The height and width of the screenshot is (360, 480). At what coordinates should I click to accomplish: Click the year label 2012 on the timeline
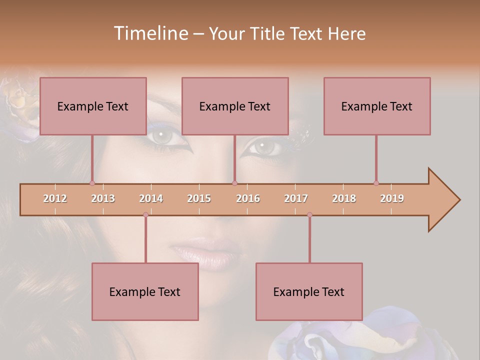click(x=55, y=198)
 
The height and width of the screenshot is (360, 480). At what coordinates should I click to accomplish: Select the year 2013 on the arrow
click(x=103, y=198)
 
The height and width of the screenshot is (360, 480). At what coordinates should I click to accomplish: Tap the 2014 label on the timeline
click(x=151, y=198)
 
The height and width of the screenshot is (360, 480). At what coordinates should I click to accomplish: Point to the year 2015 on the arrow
click(x=199, y=198)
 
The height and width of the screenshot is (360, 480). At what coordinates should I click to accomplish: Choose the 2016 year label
click(x=248, y=198)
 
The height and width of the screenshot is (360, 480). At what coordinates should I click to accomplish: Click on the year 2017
click(x=296, y=198)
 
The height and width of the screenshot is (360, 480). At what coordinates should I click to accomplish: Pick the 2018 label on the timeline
click(x=344, y=198)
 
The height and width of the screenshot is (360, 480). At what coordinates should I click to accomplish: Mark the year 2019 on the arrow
click(x=392, y=198)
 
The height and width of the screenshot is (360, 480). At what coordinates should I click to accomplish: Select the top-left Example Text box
click(x=93, y=106)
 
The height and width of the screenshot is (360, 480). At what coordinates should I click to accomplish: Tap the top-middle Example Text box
click(x=235, y=106)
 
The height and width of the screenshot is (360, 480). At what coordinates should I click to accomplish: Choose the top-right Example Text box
click(x=377, y=106)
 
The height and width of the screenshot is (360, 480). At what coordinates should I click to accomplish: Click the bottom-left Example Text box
click(x=145, y=291)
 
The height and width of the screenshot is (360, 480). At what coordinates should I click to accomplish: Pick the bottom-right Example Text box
click(x=309, y=291)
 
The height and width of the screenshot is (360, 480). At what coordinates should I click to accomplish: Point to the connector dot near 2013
click(x=92, y=183)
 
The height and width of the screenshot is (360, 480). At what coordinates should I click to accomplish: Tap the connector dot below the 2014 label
click(x=145, y=214)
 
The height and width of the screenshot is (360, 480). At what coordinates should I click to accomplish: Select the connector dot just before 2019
click(x=376, y=183)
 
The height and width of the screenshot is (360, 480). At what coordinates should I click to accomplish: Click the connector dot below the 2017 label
click(x=309, y=214)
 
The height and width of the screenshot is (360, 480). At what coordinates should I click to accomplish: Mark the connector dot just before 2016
click(x=234, y=183)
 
